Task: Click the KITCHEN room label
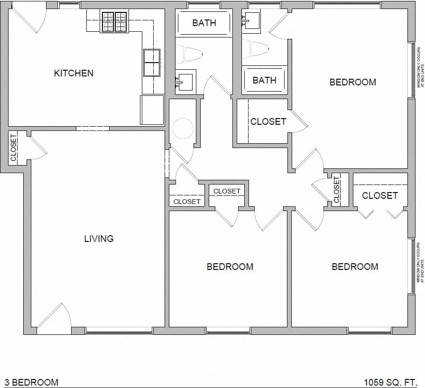[x=74, y=73]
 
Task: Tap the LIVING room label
[x=99, y=239]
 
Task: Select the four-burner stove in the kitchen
[x=114, y=22]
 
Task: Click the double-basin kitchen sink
[x=152, y=63]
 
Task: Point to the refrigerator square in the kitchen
[x=152, y=110]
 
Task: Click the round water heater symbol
[x=183, y=128]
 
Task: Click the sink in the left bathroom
[x=185, y=80]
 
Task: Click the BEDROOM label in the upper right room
[x=352, y=82]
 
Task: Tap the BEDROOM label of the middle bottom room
[x=230, y=267]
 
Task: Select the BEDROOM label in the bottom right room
[x=355, y=267]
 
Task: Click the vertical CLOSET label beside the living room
[x=13, y=148]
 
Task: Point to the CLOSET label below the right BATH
[x=268, y=121]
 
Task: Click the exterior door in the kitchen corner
[x=28, y=18]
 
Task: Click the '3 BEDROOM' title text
[x=31, y=382]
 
